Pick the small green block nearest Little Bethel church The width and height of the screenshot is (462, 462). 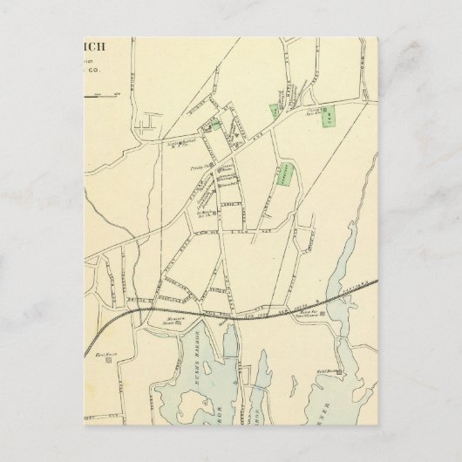[x=209, y=126]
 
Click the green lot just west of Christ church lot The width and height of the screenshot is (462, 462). [x=273, y=111]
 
